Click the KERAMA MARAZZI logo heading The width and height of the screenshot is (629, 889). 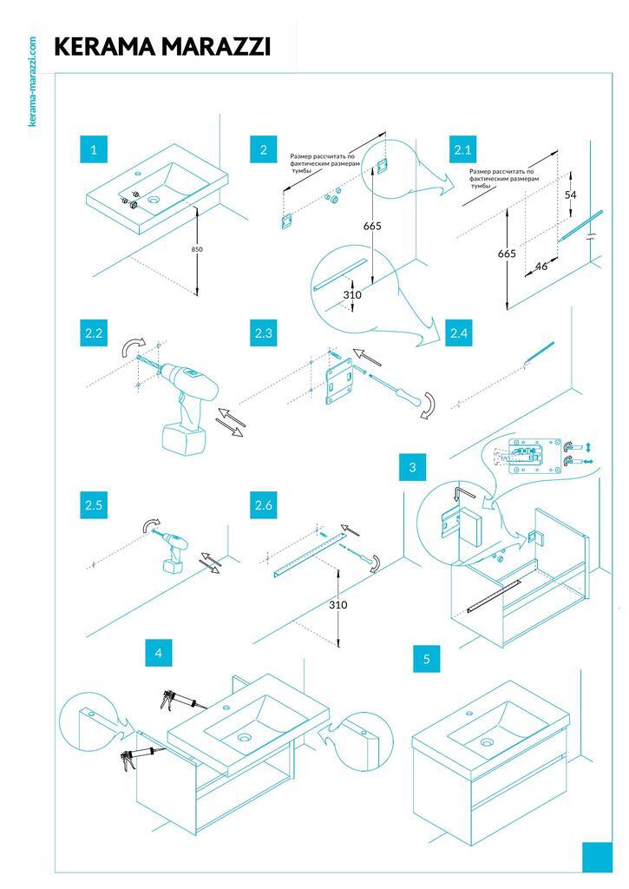pos(162,47)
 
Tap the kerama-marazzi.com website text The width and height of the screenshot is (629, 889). pos(32,81)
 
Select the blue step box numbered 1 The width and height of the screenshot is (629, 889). pos(93,149)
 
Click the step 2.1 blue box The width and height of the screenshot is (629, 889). pos(463,149)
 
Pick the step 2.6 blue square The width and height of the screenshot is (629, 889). pos(263,504)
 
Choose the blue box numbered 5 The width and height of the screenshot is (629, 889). pos(426,659)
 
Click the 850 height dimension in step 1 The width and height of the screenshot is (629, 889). pos(198,249)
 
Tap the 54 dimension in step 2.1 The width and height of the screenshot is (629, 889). pos(570,194)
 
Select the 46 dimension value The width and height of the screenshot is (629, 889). pos(541,266)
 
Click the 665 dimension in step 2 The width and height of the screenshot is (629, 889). pos(372,226)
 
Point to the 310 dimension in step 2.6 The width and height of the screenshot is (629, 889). pos(338,604)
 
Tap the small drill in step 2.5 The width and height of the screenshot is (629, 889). pos(174,551)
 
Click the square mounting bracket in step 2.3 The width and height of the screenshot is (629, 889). pos(339,380)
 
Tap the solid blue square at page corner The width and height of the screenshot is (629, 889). pos(597,857)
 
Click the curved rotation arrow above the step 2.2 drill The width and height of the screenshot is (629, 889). pos(131,346)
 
